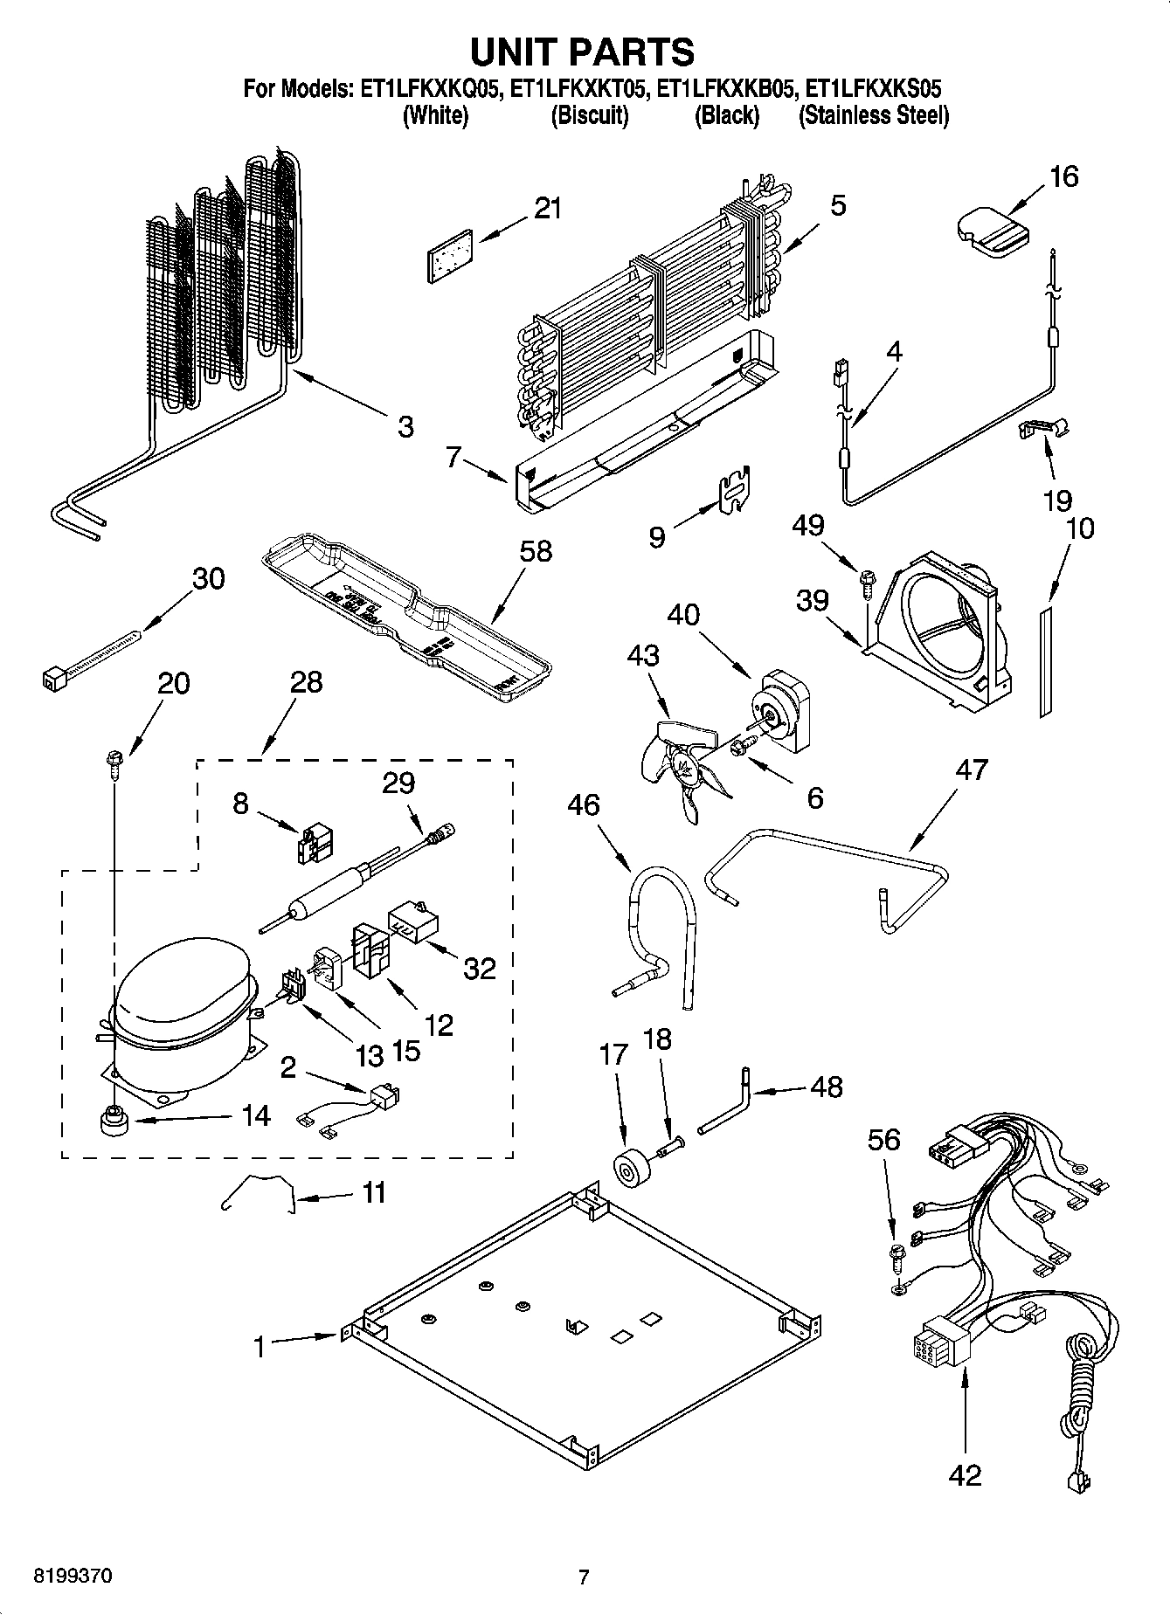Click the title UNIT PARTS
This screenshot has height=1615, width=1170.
click(x=583, y=52)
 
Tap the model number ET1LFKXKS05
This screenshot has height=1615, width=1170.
click(x=873, y=89)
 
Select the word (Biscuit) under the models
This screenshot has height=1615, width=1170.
click(x=589, y=116)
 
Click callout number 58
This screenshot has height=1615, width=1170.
click(x=536, y=551)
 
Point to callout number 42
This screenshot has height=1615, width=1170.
click(x=965, y=1475)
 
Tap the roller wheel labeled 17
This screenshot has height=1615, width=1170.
click(x=626, y=1170)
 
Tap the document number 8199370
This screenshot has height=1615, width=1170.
click(x=73, y=1577)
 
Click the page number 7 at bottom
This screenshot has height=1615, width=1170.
click(x=584, y=1577)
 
